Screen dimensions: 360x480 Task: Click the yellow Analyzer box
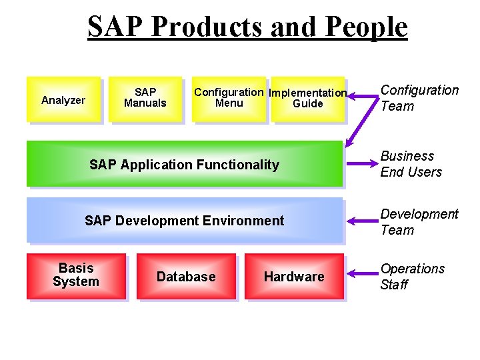63,99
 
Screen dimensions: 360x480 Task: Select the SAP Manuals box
145,99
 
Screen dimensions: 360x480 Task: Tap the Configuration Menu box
229,99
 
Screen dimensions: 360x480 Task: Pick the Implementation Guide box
307,99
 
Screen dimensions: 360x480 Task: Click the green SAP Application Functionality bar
184,164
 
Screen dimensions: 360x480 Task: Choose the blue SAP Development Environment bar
184,220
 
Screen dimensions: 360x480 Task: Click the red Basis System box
75,275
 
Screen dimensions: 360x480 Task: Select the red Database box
186,276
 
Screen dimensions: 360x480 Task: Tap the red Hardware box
294,276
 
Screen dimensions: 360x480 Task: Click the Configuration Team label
419,98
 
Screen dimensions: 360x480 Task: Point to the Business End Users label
411,164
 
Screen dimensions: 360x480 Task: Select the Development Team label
419,222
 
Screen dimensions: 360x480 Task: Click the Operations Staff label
412,277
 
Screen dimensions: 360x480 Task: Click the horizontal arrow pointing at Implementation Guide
363,97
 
